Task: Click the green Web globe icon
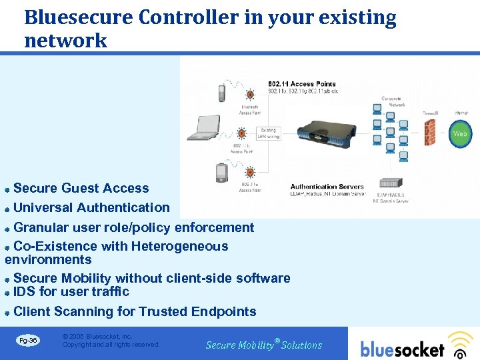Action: [460, 133]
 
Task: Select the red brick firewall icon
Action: [430, 133]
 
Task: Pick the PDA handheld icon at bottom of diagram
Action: [222, 173]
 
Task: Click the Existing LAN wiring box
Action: [268, 134]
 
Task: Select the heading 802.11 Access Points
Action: [301, 84]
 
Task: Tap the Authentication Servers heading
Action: [327, 187]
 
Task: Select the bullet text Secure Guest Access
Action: [81, 189]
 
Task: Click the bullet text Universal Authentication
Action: [91, 208]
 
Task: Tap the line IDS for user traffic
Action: [71, 291]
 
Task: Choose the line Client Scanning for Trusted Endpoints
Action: [134, 311]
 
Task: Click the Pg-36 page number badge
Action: [28, 341]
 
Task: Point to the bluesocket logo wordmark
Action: [402, 349]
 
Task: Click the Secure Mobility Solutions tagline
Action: [263, 345]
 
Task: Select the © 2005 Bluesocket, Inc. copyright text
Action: [97, 337]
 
